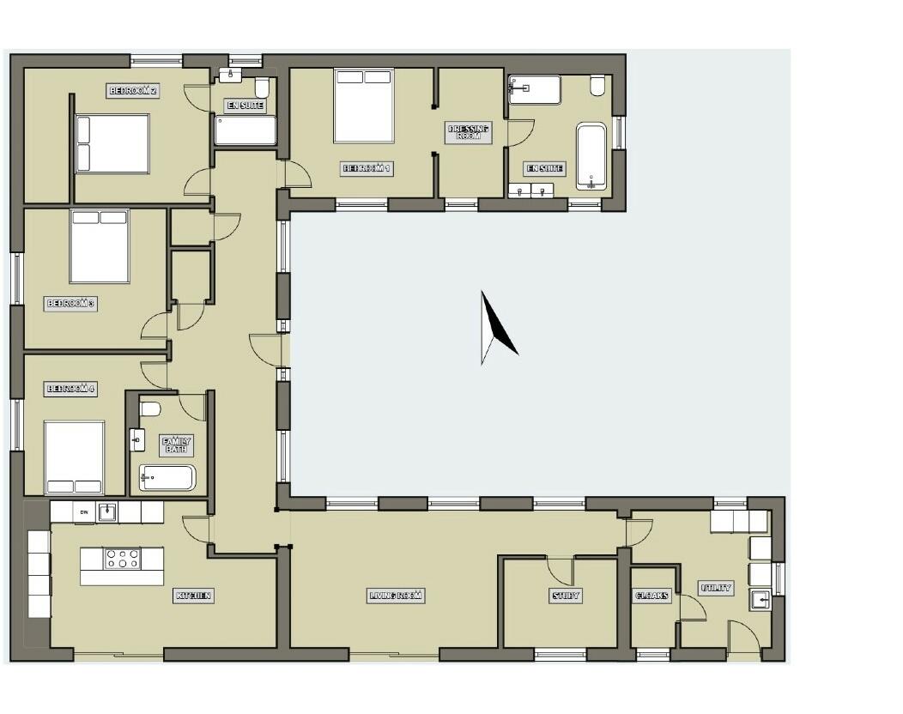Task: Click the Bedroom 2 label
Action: point(133,90)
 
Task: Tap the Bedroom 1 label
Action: point(367,169)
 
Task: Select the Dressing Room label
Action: point(469,133)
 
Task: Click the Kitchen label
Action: point(194,596)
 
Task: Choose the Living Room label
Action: point(397,596)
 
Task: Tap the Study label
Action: point(565,596)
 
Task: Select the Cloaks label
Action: point(652,596)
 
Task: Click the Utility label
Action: point(716,588)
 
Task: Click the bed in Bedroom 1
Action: point(363,106)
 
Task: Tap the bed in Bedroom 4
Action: point(74,457)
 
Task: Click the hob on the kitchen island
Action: point(122,560)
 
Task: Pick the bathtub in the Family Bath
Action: point(168,478)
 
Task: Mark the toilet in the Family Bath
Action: point(150,408)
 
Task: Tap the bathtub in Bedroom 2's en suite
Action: point(245,131)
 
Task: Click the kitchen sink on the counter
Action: point(107,512)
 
